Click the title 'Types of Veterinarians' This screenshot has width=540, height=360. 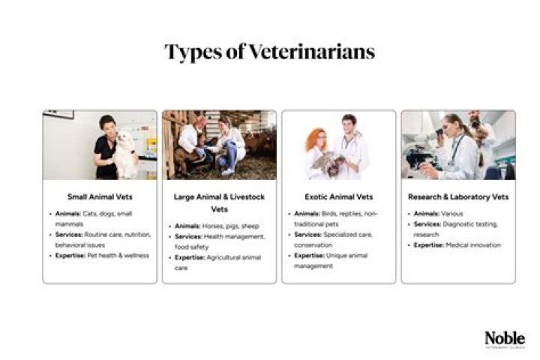pos(269,52)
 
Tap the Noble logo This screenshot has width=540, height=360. pos(504,339)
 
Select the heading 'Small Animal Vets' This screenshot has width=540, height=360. pos(100,197)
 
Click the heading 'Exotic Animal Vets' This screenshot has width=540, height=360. pos(338,197)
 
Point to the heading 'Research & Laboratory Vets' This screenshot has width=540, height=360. pos(457,197)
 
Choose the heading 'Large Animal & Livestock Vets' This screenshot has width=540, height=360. pos(219,203)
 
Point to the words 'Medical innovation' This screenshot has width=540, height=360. pos(469,244)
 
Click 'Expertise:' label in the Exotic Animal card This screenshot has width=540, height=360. pos(307,256)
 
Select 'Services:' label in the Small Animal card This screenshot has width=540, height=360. pos(72,235)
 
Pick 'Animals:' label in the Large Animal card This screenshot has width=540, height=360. pos(187,226)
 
